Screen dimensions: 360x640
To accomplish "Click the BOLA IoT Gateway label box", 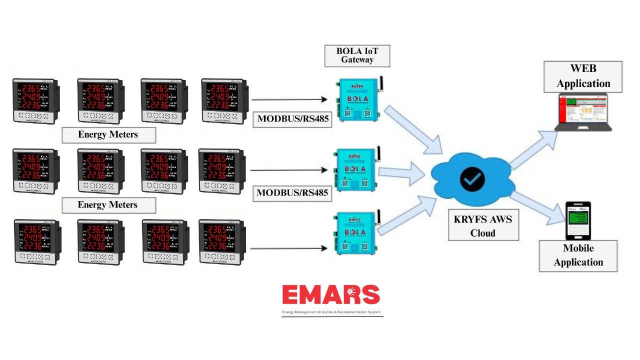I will point(357,55).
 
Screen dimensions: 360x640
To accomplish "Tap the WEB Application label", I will point(583,76).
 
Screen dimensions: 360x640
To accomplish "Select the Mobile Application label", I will point(578,255).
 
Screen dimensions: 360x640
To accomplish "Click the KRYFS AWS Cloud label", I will point(482,226).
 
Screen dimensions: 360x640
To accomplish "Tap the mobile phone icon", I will point(577,220).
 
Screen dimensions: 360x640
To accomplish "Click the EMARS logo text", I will point(331,295).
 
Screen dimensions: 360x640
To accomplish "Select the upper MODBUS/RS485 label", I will point(292,119).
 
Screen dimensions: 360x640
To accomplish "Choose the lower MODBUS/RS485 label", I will point(292,192).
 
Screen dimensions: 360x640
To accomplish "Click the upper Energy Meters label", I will point(108,134).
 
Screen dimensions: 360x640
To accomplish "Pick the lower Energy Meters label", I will point(108,205).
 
